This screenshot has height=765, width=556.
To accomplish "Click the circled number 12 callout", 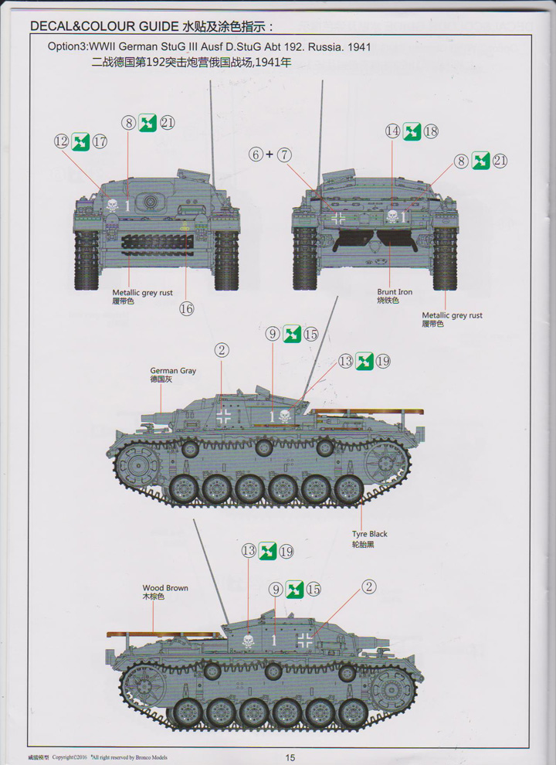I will [x=62, y=141].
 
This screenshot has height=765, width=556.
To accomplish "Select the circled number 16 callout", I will [x=186, y=309].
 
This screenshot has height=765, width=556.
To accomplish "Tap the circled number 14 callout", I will [x=394, y=131].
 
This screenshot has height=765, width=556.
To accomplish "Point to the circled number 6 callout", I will [x=256, y=155].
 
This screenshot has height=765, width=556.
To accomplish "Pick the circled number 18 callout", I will [x=431, y=131].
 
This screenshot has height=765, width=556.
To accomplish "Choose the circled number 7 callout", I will [x=284, y=155].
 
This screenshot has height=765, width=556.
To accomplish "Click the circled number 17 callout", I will [x=100, y=141].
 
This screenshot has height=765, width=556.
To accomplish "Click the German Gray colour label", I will [x=173, y=371].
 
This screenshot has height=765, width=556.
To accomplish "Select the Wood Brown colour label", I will [x=164, y=588].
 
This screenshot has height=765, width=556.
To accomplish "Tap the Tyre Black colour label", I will [x=369, y=534].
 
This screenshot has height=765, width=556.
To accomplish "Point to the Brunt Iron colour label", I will [x=395, y=292].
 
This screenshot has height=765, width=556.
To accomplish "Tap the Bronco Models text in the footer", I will [x=150, y=757].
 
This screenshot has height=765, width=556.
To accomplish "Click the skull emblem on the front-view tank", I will [x=113, y=205].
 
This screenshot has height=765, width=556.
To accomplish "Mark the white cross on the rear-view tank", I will [x=337, y=219].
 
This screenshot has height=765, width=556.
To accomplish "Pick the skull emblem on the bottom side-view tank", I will [x=249, y=641].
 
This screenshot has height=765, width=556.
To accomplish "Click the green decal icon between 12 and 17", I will [x=80, y=141].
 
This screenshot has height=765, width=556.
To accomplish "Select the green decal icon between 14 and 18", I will [x=412, y=131].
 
